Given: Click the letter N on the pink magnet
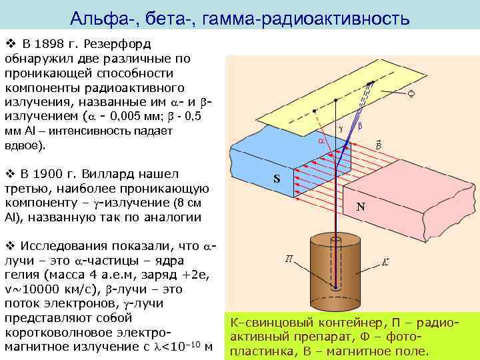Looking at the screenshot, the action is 360,207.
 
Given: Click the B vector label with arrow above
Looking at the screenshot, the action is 378,144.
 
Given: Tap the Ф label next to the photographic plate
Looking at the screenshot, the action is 411,94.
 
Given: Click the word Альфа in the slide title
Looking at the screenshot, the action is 98,17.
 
